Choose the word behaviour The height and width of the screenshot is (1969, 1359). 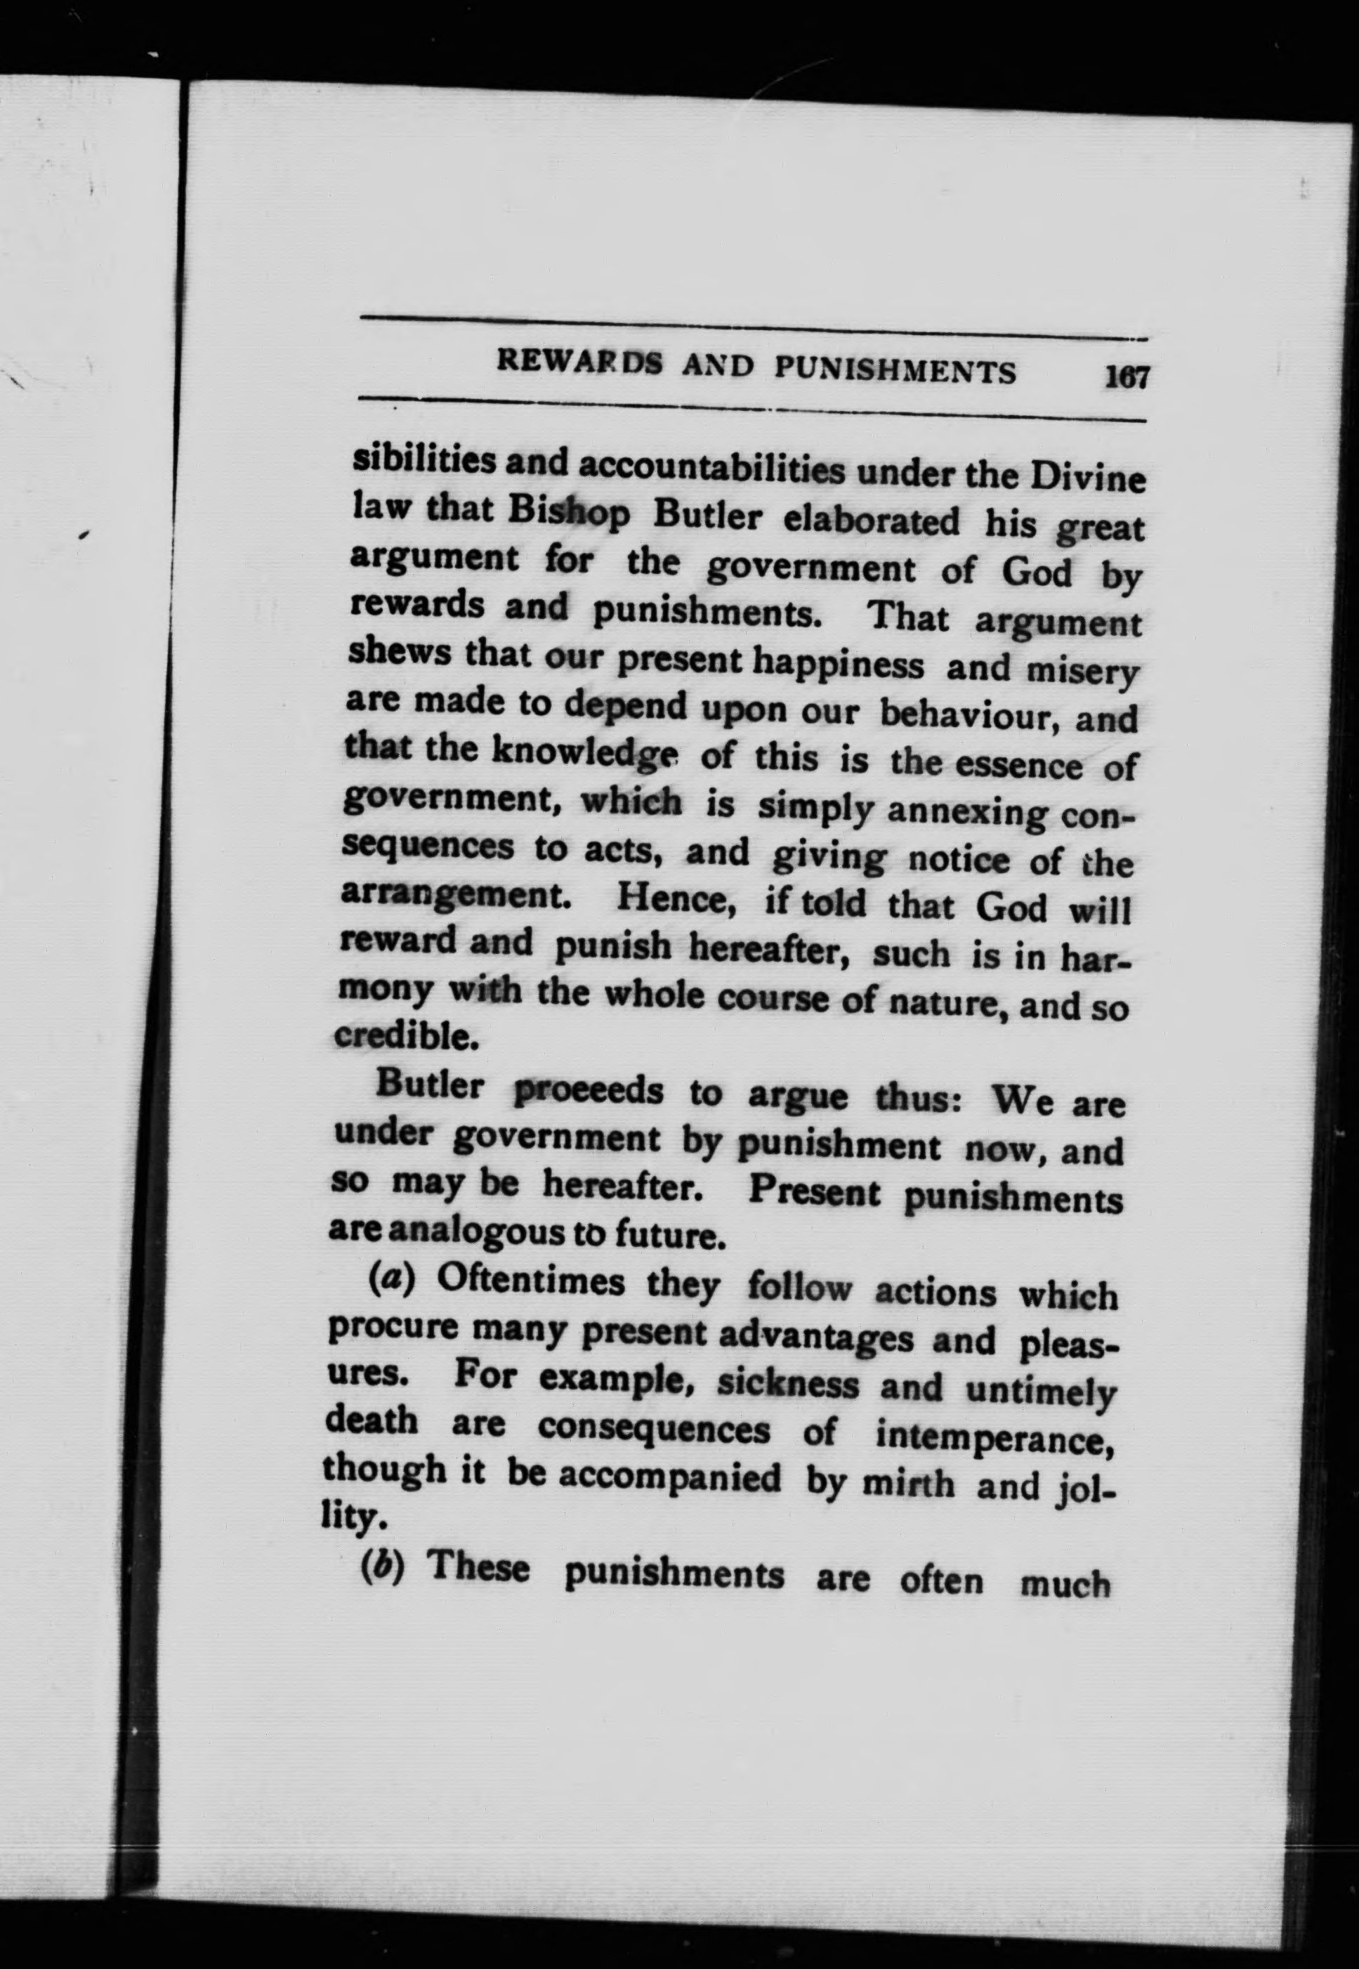pos(967,714)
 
